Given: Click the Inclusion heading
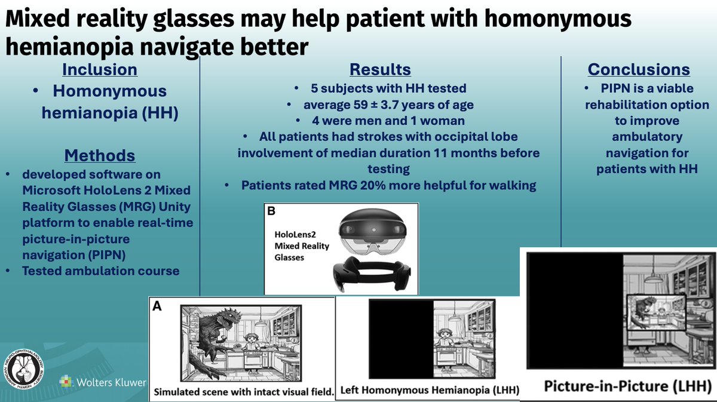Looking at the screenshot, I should click(100, 69).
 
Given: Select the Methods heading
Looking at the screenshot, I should click(100, 156).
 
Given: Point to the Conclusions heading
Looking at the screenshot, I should click(639, 69).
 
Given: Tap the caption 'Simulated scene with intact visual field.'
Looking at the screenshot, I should click(241, 392).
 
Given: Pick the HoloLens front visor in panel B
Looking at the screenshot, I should click(370, 230).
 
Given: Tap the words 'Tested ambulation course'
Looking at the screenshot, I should click(100, 271).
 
